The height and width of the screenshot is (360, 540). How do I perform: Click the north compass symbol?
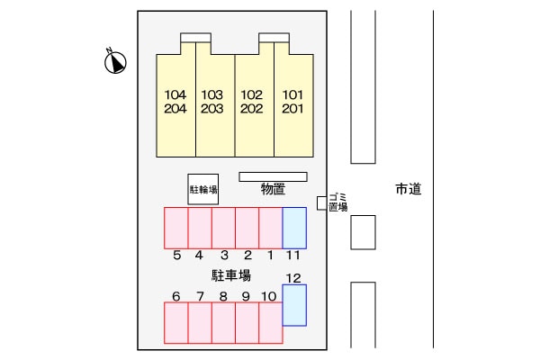[x=115, y=62]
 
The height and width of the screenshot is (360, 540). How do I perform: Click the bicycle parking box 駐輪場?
[x=202, y=190]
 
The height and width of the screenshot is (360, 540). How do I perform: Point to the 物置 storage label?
[x=273, y=189]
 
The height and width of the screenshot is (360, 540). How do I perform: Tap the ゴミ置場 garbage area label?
[x=338, y=202]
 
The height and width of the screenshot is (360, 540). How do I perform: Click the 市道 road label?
[x=408, y=190]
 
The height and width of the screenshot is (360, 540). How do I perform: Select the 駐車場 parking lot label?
[x=231, y=275]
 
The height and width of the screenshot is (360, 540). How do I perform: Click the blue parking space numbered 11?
[x=294, y=228]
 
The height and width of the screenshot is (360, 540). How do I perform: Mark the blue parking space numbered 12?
[x=294, y=305]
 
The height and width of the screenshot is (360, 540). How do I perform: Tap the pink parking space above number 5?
[x=175, y=228]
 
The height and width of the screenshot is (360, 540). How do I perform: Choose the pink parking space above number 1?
[x=270, y=228]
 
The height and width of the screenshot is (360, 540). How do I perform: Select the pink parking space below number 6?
[x=175, y=323]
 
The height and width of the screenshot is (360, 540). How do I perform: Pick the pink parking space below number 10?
[x=270, y=323]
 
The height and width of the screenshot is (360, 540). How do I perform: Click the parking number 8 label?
[x=222, y=296]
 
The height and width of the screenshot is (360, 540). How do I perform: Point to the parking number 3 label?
[x=224, y=256]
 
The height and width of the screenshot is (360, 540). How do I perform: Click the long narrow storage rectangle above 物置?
[x=273, y=176]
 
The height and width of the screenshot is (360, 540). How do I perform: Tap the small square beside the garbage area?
[x=320, y=202]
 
